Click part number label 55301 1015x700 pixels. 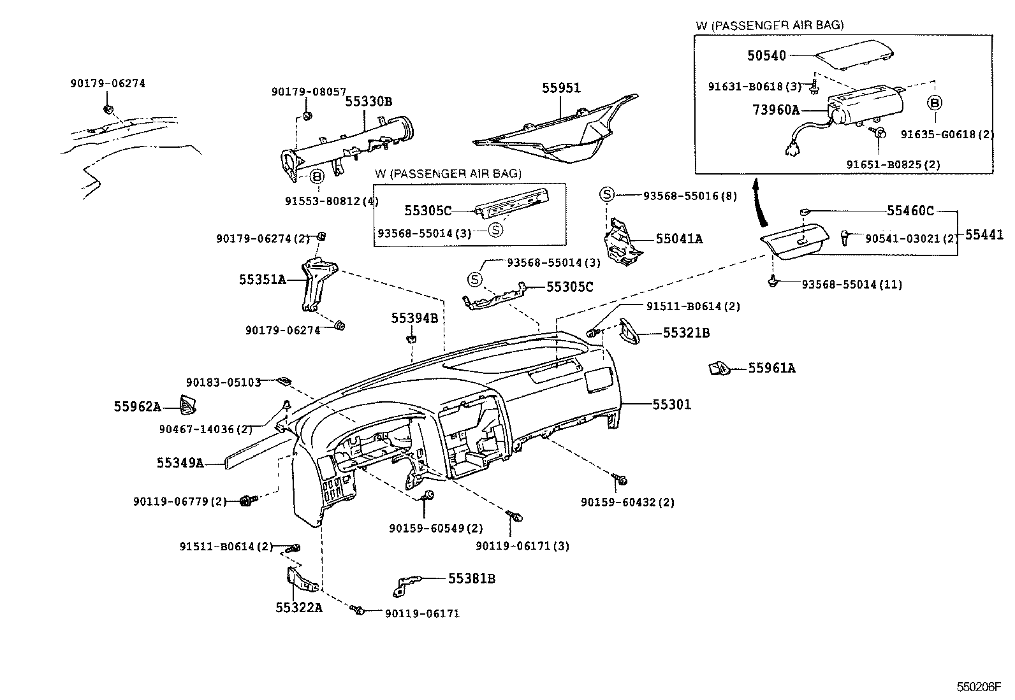pyautogui.click(x=671, y=404)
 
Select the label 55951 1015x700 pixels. pyautogui.click(x=562, y=88)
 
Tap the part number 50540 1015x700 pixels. pyautogui.click(x=766, y=56)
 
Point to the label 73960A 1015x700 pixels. pyautogui.click(x=775, y=110)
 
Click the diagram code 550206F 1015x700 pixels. pyautogui.click(x=979, y=688)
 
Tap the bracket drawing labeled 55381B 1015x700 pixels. pyautogui.click(x=408, y=583)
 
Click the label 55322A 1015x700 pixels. pyautogui.click(x=299, y=607)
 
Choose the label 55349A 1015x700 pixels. pyautogui.click(x=180, y=463)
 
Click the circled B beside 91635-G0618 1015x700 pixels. pyautogui.click(x=935, y=103)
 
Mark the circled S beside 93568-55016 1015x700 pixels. pyautogui.click(x=606, y=195)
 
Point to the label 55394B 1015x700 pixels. pyautogui.click(x=414, y=318)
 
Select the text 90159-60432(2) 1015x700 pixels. pyautogui.click(x=627, y=502)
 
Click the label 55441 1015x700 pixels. pyautogui.click(x=984, y=235)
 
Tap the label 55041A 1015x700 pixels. pyautogui.click(x=679, y=239)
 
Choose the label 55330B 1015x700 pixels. pyautogui.click(x=369, y=101)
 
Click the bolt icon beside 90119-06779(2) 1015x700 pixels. pyautogui.click(x=245, y=501)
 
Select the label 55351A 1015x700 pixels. pyautogui.click(x=263, y=279)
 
